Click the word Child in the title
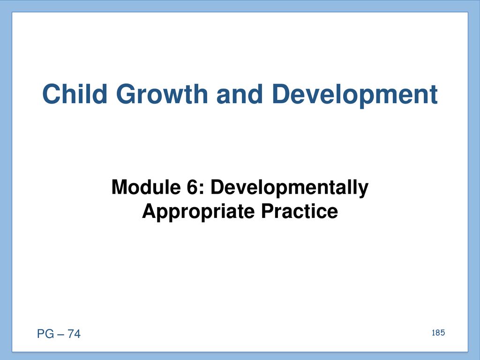tap(75, 94)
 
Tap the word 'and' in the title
tap(240, 94)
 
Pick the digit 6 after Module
tap(192, 187)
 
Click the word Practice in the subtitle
tap(300, 211)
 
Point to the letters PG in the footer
tap(45, 334)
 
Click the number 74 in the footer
tap(74, 334)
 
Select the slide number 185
tap(438, 333)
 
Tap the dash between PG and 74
tap(60, 334)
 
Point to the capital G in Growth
tap(126, 94)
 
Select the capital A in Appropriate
tap(150, 211)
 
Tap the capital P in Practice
tap(267, 211)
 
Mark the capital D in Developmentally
tap(217, 187)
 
